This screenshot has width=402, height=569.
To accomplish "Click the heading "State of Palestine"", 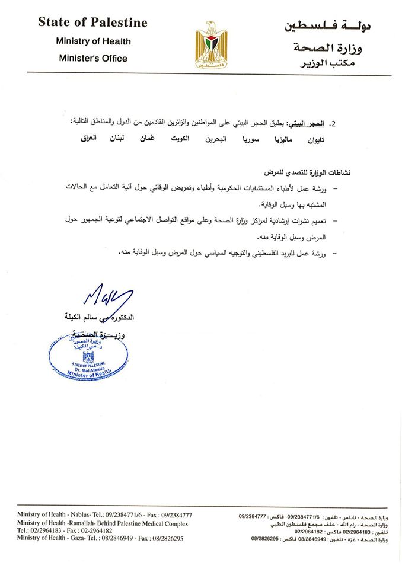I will (x=92, y=23).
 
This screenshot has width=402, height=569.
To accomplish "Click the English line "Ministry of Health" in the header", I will (x=93, y=41).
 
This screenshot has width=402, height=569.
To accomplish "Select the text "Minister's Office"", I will (x=93, y=58).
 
